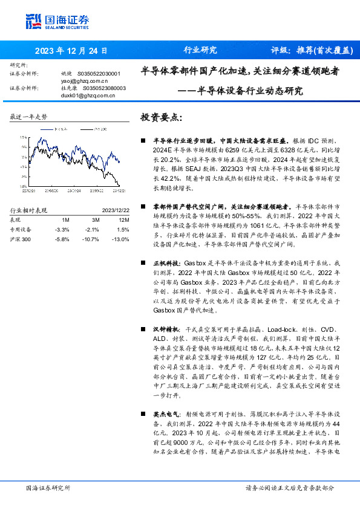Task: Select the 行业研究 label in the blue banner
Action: (x=200, y=51)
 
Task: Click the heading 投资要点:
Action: (x=160, y=117)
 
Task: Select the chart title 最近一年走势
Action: (x=28, y=116)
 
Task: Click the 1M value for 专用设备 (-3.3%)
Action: (x=62, y=229)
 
